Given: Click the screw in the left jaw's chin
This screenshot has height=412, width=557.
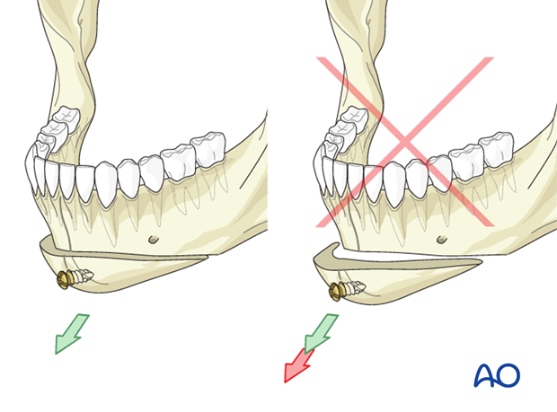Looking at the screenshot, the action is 75,278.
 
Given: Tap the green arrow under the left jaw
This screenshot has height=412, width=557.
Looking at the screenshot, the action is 71,333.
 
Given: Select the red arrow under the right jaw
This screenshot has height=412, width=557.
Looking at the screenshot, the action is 297,365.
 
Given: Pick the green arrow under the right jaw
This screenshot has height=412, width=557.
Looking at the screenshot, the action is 321,332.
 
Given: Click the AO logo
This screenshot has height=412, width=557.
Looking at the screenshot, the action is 497,374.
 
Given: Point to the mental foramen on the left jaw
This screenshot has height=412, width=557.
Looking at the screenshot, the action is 154,240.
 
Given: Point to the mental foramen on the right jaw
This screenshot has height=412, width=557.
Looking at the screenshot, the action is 442,240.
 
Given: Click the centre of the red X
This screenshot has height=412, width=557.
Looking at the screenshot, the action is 405,142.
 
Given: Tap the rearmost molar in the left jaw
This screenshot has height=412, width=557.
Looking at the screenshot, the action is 208,148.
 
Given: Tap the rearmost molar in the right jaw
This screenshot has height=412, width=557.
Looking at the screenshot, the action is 497,148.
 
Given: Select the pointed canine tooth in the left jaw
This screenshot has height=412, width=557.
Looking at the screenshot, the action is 107,183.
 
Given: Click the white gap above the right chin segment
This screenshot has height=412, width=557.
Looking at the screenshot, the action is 409,256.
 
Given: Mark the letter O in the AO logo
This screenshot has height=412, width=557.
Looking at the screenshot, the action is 508,375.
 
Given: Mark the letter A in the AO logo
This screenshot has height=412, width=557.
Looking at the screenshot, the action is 485,375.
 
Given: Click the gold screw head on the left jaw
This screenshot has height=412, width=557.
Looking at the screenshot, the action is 63,280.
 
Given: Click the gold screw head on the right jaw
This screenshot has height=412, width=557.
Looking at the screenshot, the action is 336,292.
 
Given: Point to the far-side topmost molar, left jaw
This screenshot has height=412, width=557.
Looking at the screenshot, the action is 66,118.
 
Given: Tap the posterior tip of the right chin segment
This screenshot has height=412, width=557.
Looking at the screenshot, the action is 482,263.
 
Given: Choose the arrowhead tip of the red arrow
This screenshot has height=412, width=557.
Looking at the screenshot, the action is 285,382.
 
